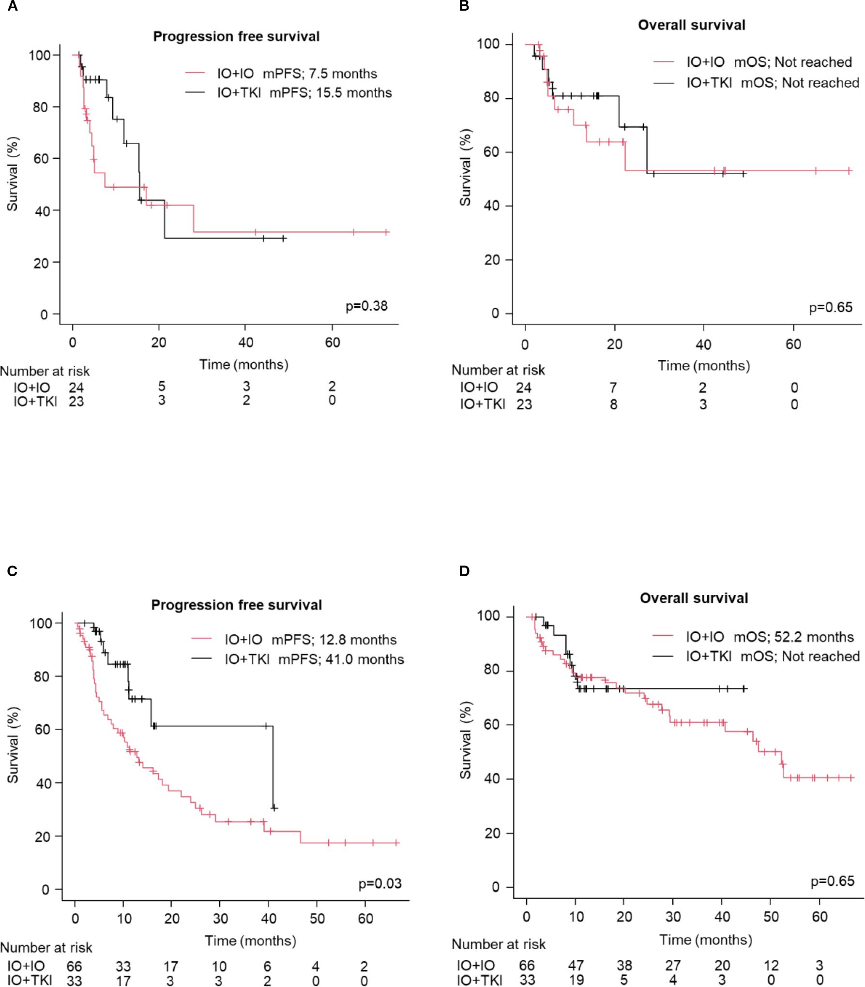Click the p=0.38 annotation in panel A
[x=366, y=306]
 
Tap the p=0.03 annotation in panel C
[x=380, y=884]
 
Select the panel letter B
[x=464, y=6]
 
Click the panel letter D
[x=464, y=571]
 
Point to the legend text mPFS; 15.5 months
[x=330, y=93]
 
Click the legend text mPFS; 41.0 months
[x=341, y=659]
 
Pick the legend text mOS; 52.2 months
[x=793, y=637]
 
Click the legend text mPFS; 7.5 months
[x=319, y=74]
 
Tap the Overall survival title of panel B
[x=691, y=25]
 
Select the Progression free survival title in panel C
[x=236, y=605]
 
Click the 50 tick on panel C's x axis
[x=317, y=918]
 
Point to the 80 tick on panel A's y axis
[x=40, y=107]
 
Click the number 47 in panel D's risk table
[x=576, y=965]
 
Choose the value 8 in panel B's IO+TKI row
[x=613, y=404]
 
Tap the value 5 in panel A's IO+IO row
[x=162, y=386]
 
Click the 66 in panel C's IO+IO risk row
[x=74, y=966]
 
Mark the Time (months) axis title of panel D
[x=706, y=940]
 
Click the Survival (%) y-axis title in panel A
[x=13, y=174]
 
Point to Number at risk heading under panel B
[x=498, y=370]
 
